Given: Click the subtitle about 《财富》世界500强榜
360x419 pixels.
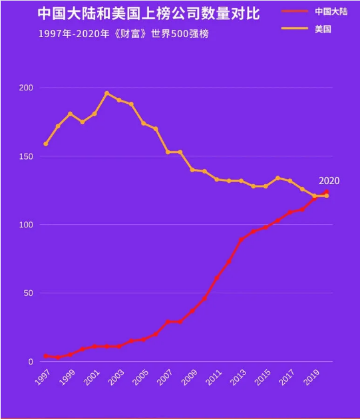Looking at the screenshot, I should [x=123, y=33].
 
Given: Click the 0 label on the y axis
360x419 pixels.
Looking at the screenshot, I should [x=30, y=362].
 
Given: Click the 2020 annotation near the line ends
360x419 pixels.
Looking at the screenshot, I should [x=329, y=180].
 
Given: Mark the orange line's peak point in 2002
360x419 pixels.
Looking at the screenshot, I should [x=106, y=93].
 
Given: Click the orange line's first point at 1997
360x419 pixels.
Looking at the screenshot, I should [x=45, y=144].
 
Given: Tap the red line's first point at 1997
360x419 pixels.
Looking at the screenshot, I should [x=45, y=356].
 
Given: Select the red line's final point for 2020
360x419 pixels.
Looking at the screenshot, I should [x=326, y=192].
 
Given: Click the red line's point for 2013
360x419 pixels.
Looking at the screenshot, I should [x=241, y=239].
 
